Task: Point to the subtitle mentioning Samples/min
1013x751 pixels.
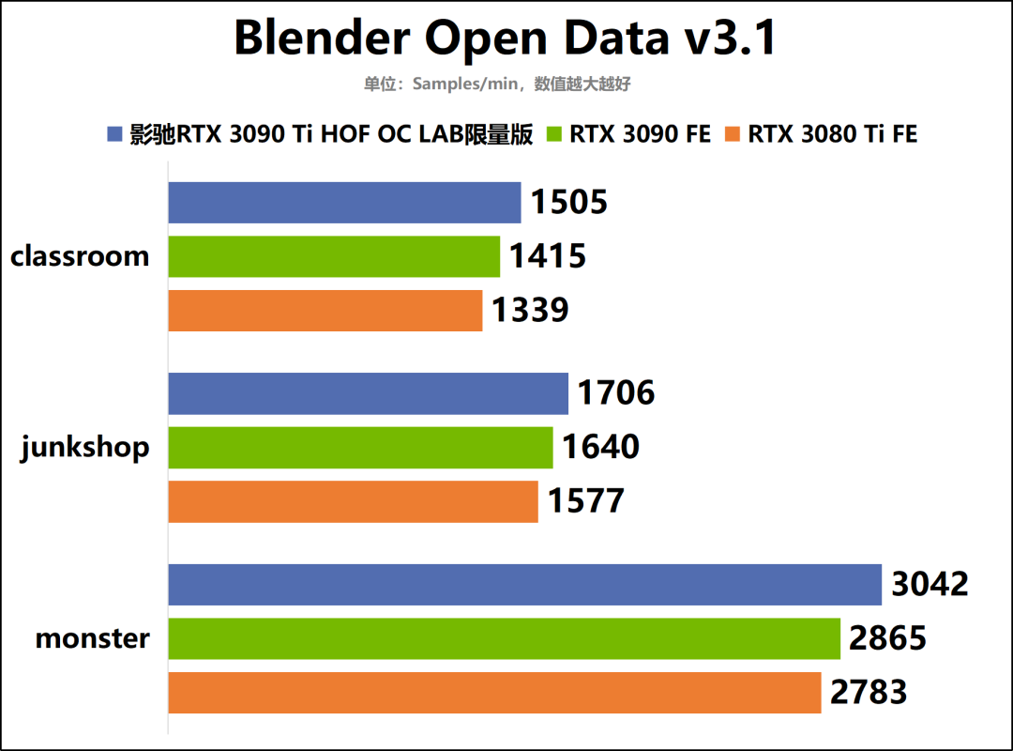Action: tap(497, 84)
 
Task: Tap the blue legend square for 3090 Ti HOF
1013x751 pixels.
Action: tap(115, 134)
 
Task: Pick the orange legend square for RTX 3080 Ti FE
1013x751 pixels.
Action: tap(733, 134)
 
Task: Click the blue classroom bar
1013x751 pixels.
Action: tap(344, 203)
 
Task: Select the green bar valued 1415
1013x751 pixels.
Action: tap(334, 256)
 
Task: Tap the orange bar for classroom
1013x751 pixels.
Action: tap(325, 311)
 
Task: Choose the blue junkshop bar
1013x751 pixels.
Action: tap(368, 393)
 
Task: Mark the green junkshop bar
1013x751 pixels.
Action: tap(360, 448)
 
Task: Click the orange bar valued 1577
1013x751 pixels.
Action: tap(353, 502)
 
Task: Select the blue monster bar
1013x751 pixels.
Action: tap(524, 585)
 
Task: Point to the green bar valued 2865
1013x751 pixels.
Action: tap(504, 638)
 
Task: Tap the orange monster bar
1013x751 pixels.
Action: tap(494, 693)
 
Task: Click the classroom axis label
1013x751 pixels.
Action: tap(80, 256)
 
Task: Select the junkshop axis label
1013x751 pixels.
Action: tap(85, 448)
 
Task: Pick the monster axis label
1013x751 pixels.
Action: tap(92, 639)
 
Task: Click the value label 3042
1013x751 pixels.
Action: tap(930, 584)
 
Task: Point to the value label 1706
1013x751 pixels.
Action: tap(616, 392)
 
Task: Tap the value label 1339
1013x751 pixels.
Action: tap(530, 310)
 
